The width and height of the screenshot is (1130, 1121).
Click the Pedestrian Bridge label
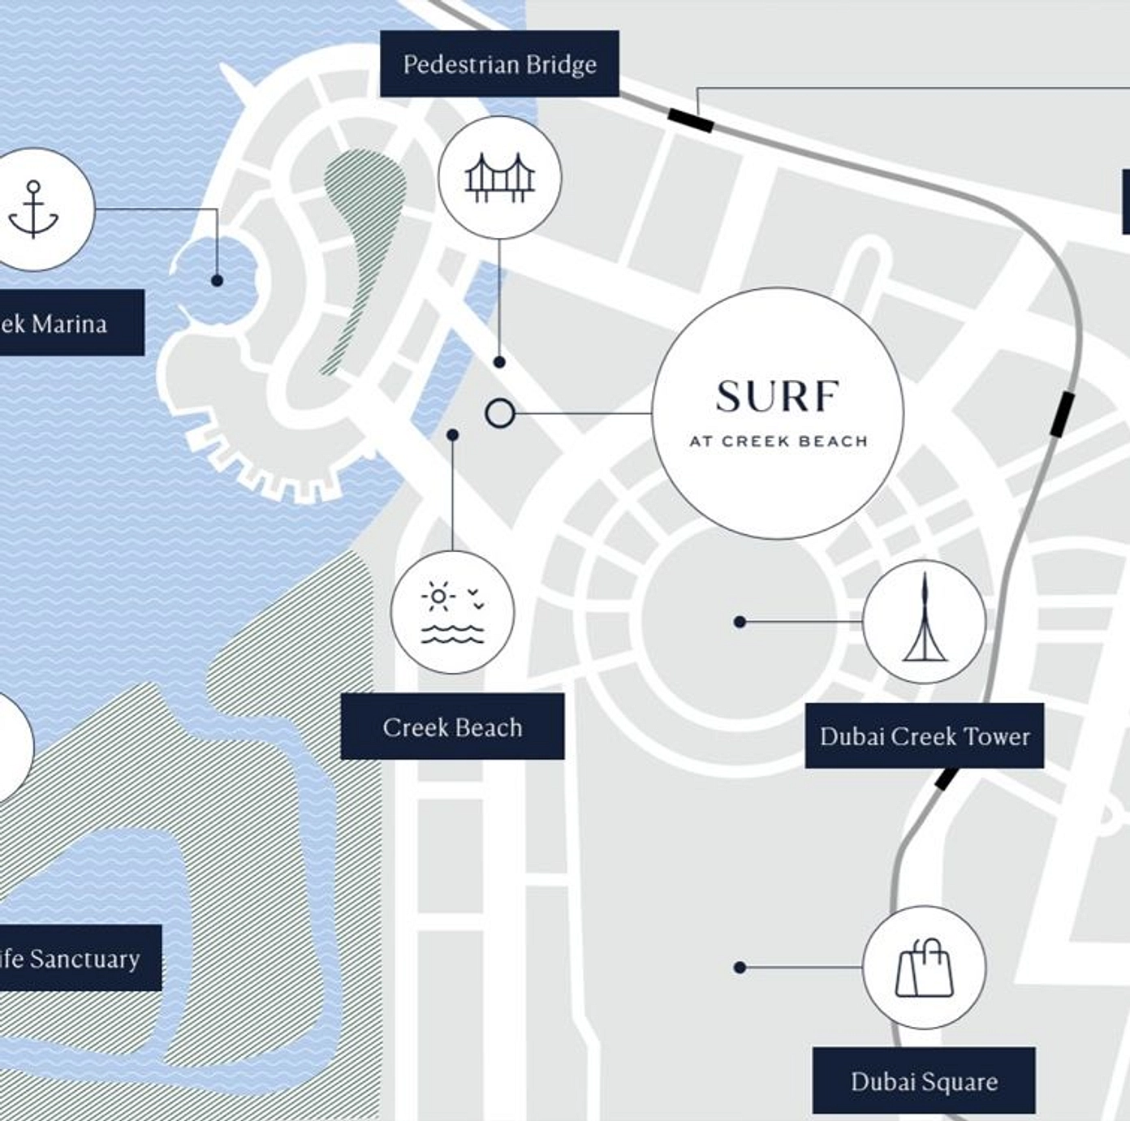click(499, 64)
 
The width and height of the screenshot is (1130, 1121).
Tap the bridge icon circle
click(499, 177)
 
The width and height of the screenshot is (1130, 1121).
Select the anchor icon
click(33, 209)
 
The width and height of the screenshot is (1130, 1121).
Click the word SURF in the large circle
click(777, 397)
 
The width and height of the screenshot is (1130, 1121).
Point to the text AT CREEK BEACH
click(778, 442)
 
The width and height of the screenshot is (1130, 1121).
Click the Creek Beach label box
click(452, 726)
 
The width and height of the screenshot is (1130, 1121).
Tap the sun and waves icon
click(452, 612)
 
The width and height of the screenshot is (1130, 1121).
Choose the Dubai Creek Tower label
click(924, 736)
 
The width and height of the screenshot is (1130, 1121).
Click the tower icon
click(925, 621)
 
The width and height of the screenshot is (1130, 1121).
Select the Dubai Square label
click(924, 1081)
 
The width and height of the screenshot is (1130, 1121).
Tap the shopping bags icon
click(925, 968)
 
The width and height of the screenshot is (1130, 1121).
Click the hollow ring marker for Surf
click(500, 413)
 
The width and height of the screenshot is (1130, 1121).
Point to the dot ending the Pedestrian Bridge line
click(499, 362)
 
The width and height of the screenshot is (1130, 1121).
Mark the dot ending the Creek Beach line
click(453, 435)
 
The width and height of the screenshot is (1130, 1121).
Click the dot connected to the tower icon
click(740, 622)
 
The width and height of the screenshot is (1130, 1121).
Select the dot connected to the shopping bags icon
click(740, 968)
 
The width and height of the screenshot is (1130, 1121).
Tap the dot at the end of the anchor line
click(217, 280)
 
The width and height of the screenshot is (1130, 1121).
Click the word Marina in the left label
click(70, 324)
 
